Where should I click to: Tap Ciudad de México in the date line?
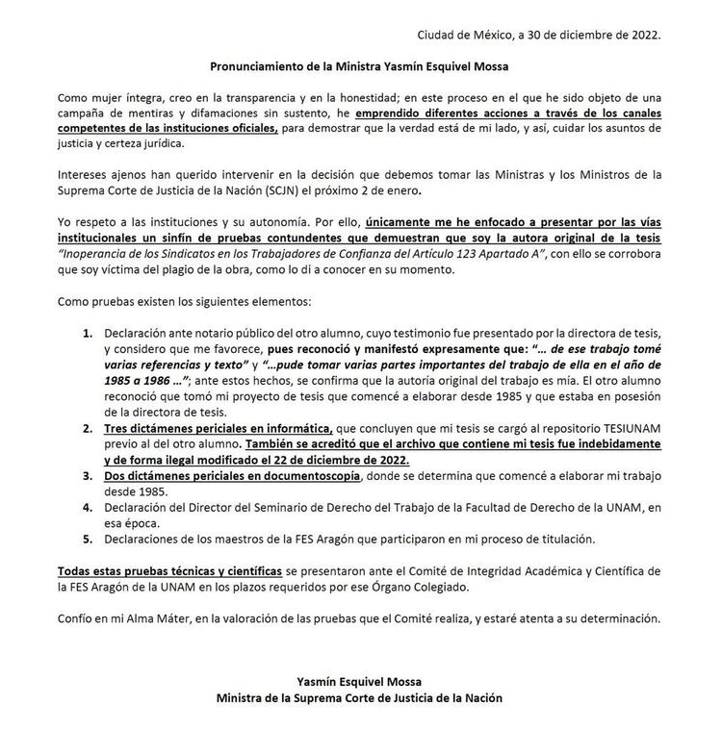click(x=460, y=36)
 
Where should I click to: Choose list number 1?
click(x=87, y=332)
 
